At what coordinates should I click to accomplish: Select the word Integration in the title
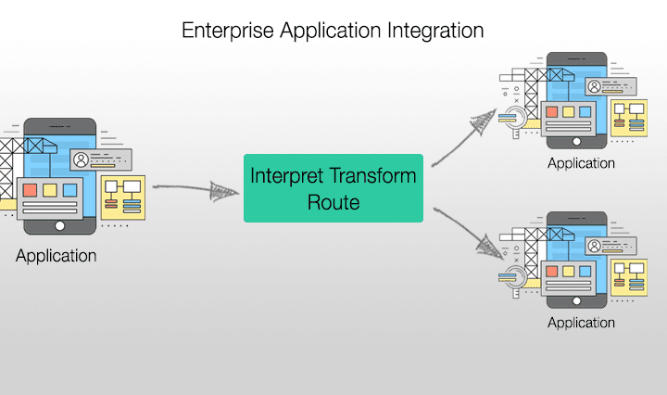click(432, 30)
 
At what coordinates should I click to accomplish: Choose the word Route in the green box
click(333, 202)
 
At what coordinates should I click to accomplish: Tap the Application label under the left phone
click(56, 256)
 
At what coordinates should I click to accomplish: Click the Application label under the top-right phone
click(581, 163)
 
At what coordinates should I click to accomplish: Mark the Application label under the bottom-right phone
click(581, 323)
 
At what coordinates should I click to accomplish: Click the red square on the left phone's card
click(31, 191)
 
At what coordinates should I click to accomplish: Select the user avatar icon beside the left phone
click(82, 159)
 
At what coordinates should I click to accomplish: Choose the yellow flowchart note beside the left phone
click(122, 197)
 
